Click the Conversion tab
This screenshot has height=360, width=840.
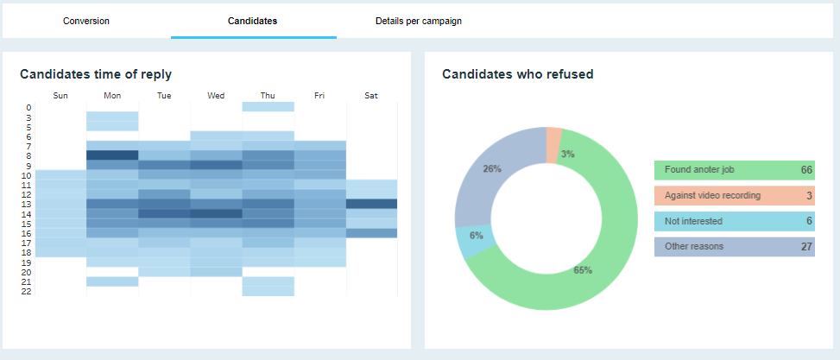tap(86, 21)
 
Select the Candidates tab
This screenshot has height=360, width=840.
tap(252, 21)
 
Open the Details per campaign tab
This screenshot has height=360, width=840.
tap(419, 21)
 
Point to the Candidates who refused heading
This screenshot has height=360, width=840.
tap(517, 75)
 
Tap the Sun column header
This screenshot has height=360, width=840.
tap(60, 96)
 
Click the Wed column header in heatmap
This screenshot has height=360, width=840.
tap(216, 96)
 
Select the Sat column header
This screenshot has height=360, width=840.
tap(371, 96)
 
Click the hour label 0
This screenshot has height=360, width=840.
tap(28, 108)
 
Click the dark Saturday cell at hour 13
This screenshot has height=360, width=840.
tap(371, 204)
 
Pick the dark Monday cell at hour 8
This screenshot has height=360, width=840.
tap(112, 155)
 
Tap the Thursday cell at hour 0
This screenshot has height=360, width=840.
tap(268, 107)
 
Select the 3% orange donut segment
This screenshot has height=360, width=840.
tap(554, 144)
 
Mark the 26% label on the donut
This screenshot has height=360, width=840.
tap(492, 169)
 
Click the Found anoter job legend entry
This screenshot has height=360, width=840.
tap(734, 170)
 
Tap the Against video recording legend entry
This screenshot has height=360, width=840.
tap(734, 196)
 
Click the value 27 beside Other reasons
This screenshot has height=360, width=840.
tap(806, 247)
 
